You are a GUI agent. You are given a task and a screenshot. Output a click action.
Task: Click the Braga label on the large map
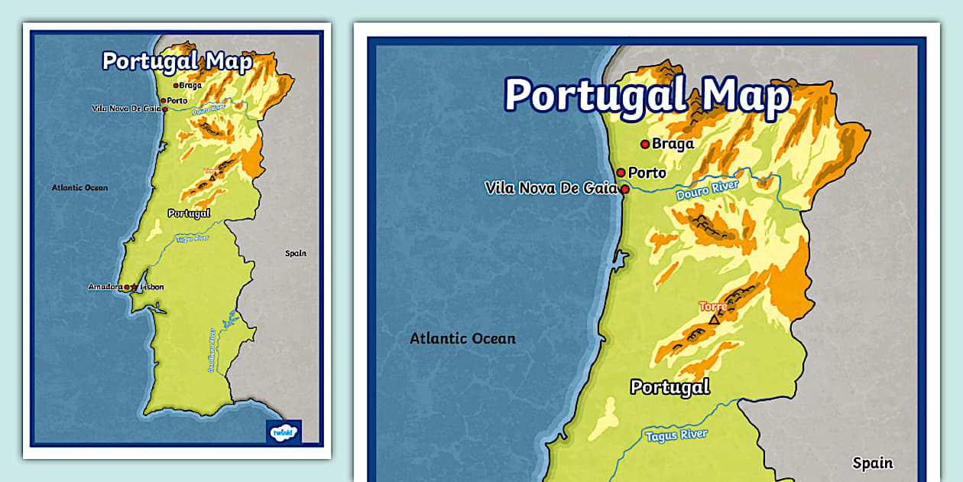click(x=673, y=144)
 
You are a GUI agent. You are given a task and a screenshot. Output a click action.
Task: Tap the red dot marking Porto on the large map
click(x=621, y=173)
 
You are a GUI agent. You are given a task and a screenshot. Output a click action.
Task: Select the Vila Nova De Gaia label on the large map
click(x=550, y=188)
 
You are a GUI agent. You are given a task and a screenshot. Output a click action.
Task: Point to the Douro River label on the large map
click(x=708, y=191)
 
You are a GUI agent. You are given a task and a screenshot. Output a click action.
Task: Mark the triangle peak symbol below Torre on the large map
click(x=714, y=320)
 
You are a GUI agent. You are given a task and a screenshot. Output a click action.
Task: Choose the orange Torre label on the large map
click(x=713, y=306)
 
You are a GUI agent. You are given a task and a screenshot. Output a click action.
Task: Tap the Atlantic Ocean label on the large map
click(x=462, y=338)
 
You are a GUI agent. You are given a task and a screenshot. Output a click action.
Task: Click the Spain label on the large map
click(x=873, y=462)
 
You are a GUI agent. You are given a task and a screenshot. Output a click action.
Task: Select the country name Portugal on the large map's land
click(x=670, y=387)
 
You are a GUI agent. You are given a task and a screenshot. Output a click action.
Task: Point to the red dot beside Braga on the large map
click(x=645, y=144)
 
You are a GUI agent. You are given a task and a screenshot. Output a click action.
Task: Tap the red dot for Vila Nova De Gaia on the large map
click(x=624, y=189)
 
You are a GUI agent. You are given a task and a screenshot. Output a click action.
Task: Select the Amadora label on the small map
click(x=105, y=287)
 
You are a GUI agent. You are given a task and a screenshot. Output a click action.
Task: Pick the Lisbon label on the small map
click(x=152, y=287)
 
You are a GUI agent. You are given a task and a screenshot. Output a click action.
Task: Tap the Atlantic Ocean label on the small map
click(x=79, y=187)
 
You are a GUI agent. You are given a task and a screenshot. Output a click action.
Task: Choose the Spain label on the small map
click(x=295, y=253)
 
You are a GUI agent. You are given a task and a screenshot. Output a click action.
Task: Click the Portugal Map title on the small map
click(x=177, y=62)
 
